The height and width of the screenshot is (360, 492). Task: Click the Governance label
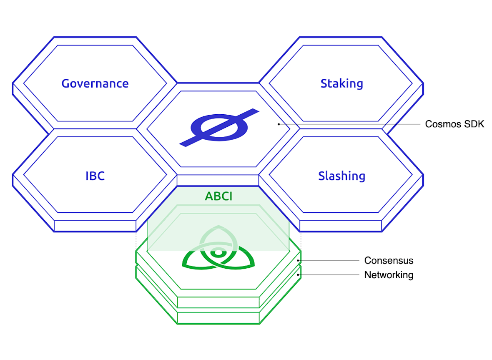[x=95, y=83]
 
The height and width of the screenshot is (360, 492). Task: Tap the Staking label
[x=341, y=83]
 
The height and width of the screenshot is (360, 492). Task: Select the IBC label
[x=95, y=176]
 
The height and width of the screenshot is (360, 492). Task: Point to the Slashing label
[x=341, y=176]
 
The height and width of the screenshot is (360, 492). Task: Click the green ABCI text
[x=218, y=196]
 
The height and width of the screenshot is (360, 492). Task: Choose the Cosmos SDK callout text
[x=454, y=124]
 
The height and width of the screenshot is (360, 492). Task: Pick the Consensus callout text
[x=389, y=261]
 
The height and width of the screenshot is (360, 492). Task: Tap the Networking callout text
[x=389, y=275]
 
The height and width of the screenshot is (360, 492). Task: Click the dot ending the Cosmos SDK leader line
[x=279, y=124]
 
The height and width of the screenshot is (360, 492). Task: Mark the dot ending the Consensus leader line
[x=298, y=261]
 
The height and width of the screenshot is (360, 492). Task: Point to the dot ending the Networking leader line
[x=298, y=275]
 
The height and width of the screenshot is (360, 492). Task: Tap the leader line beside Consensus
[x=329, y=261]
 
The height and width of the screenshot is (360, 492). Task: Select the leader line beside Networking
[x=329, y=275]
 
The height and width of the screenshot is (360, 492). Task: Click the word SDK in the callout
[x=474, y=124]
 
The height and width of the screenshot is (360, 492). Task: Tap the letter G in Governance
[x=65, y=83]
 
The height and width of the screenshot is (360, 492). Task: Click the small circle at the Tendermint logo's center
[x=217, y=253]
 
